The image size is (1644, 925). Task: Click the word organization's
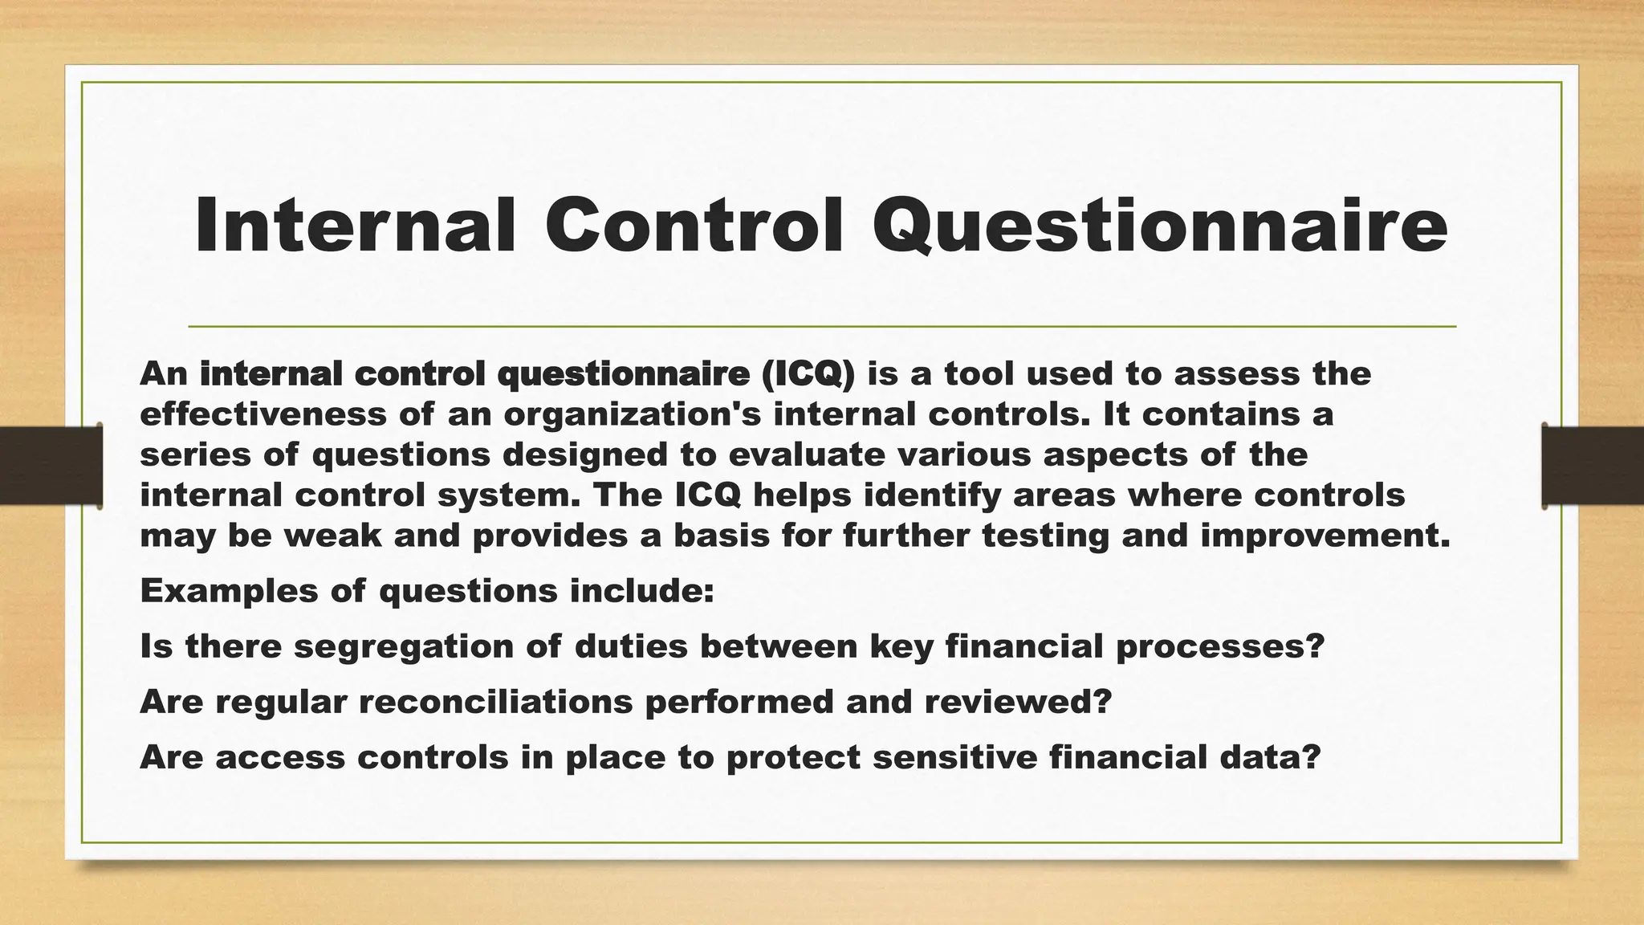tap(633, 414)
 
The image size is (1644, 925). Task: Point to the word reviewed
tap(1018, 702)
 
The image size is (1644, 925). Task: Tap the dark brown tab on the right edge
tap(1593, 466)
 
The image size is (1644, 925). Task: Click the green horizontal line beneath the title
tap(822, 327)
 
